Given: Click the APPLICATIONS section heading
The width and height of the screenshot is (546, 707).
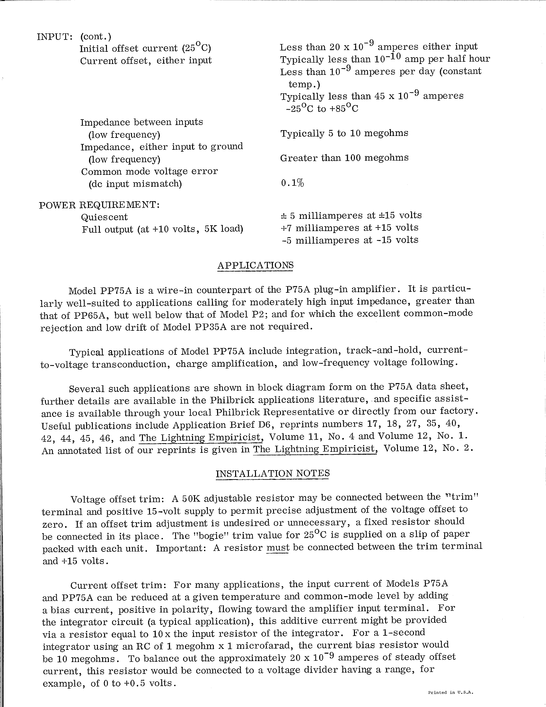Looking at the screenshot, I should pos(256,265).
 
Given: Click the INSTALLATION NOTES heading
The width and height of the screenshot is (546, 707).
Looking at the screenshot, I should pos(273,473).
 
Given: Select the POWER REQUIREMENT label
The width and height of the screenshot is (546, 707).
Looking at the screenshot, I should pos(99,205).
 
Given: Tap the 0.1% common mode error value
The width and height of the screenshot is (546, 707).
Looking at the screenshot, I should pos(292,183).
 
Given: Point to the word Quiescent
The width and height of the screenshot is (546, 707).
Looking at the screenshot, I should pos(104,217).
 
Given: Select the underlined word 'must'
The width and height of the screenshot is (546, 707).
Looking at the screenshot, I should pos(277,547).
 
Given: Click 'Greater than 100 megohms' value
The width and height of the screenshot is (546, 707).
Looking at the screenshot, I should pos(344,158).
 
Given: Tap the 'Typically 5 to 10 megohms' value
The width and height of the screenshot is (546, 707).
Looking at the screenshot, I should pos(344,133).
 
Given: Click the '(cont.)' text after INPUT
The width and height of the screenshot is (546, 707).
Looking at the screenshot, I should pos(96,36).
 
